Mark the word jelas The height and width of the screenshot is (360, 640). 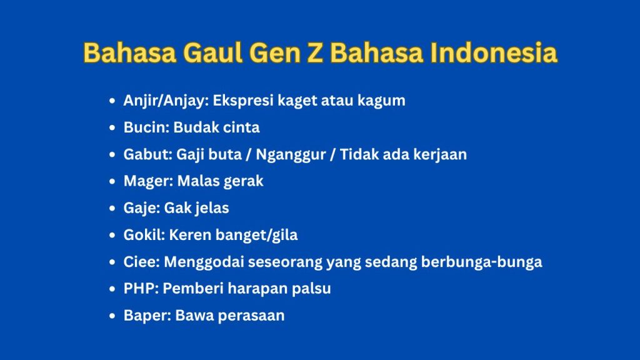tap(209, 208)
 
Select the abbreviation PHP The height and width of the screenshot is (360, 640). tap(139, 289)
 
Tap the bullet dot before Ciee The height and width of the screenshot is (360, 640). tap(112, 262)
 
